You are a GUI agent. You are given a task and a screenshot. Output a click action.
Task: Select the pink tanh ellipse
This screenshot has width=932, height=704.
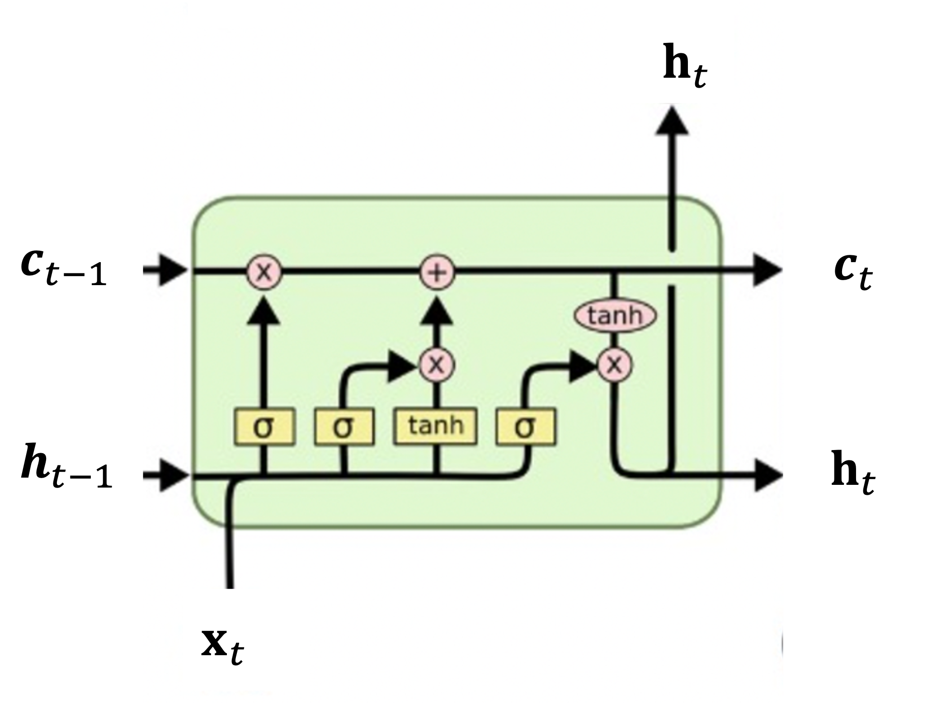point(615,316)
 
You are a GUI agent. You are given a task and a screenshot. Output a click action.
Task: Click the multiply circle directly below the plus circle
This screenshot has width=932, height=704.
point(436,364)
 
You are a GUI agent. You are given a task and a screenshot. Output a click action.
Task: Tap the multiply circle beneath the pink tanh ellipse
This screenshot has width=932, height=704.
point(615,364)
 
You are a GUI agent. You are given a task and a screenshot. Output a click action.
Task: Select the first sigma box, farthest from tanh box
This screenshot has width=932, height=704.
point(264,427)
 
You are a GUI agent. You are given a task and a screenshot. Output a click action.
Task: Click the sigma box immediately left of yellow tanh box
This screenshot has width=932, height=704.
point(344,427)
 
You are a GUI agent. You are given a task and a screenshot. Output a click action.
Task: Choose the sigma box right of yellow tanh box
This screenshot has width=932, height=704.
point(526,427)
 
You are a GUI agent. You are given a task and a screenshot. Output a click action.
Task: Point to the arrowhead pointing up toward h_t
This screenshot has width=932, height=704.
point(672,121)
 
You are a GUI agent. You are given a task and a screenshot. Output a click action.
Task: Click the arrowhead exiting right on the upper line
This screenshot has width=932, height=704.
point(767,271)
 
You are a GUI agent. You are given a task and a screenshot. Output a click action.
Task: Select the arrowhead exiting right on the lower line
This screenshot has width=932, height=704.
point(767,475)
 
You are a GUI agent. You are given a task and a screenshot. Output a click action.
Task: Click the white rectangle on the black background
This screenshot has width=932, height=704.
point(892,41)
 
